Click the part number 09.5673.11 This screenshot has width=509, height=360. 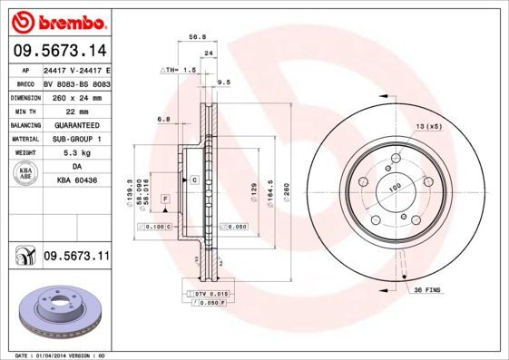76,258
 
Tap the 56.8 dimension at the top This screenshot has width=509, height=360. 194,38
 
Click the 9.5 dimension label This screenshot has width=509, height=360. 224,83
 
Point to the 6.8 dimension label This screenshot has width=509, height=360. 164,119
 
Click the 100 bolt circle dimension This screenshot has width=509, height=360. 396,188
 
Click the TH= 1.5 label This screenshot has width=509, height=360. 181,69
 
